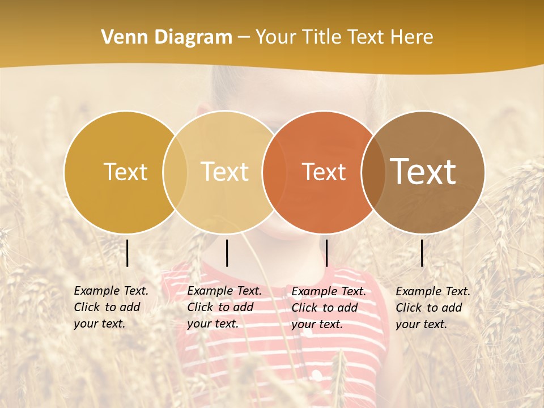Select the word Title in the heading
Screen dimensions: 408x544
(324, 37)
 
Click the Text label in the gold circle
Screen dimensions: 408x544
(125, 172)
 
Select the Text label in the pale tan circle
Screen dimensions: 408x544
(224, 172)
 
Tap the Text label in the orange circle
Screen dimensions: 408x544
(324, 172)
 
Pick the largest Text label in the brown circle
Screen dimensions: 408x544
(423, 171)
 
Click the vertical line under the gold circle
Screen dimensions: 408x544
(127, 253)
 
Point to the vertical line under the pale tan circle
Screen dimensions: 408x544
(227, 253)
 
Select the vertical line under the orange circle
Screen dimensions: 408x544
(326, 253)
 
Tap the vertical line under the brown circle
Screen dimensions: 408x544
(422, 253)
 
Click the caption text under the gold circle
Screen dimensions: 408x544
(111, 307)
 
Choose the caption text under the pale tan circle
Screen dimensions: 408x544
(224, 307)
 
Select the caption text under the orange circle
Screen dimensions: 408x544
(329, 308)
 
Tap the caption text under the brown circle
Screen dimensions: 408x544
(433, 308)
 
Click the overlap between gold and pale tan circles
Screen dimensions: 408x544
(175, 172)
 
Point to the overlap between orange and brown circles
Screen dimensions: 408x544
(373, 172)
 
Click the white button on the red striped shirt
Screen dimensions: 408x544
(316, 375)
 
